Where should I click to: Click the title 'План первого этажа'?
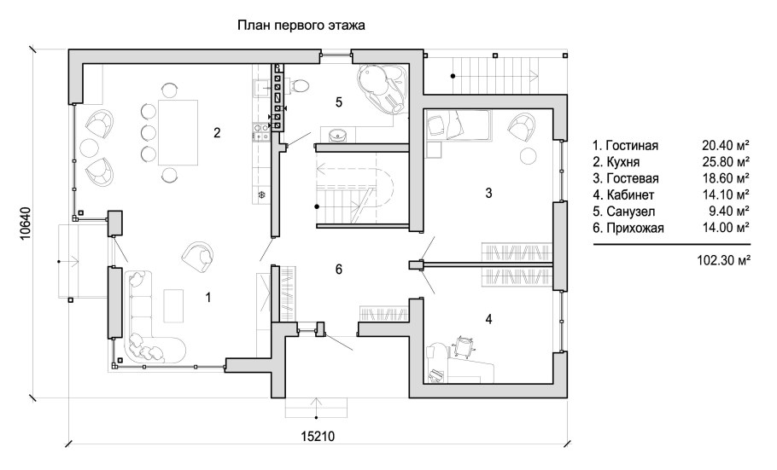(x=301, y=26)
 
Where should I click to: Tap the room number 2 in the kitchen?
(x=217, y=133)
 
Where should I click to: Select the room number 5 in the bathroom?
(x=339, y=102)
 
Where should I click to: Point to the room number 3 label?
(x=488, y=193)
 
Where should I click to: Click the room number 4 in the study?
(x=488, y=319)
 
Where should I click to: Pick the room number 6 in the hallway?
(x=339, y=269)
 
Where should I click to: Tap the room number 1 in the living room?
(x=208, y=297)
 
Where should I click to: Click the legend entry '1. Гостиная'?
(x=625, y=146)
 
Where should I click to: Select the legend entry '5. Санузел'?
(x=624, y=212)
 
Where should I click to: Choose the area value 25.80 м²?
(x=726, y=161)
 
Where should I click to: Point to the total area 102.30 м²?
(x=723, y=260)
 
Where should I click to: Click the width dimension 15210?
(x=318, y=437)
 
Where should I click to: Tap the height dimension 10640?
(x=26, y=223)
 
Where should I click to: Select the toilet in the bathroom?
(x=297, y=85)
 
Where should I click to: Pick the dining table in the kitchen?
(x=178, y=132)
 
